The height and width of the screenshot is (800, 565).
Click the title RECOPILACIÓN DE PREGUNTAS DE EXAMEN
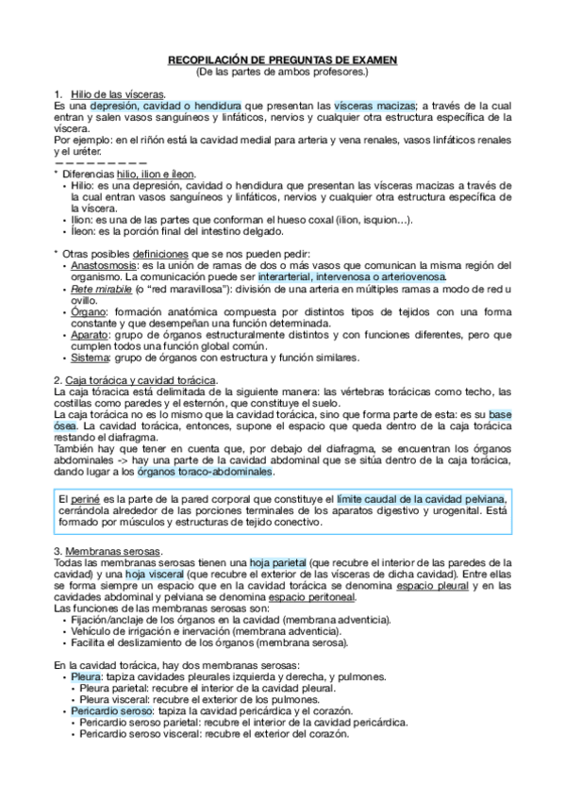click(x=282, y=60)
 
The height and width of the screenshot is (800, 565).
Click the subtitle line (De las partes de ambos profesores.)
click(x=282, y=72)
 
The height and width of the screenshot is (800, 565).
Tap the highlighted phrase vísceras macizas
click(x=375, y=106)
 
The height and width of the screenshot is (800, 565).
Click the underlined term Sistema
click(x=91, y=358)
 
